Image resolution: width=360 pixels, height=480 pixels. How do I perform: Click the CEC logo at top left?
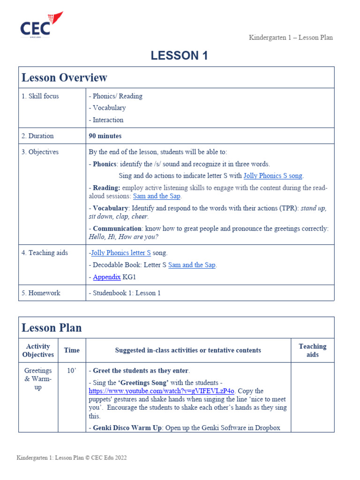click(41, 25)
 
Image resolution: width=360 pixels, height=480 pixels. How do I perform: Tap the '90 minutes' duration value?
click(105, 136)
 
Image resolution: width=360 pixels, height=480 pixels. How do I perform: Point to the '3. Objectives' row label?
click(40, 152)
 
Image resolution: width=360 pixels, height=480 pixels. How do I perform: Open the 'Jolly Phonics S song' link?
click(273, 176)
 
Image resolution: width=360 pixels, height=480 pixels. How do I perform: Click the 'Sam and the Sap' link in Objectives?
click(157, 196)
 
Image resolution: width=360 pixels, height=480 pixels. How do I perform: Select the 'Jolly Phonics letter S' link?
click(121, 253)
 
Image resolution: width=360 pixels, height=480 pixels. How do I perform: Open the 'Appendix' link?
click(106, 277)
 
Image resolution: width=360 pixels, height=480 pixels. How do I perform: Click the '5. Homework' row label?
click(41, 293)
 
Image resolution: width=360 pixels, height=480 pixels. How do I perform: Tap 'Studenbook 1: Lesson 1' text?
click(127, 293)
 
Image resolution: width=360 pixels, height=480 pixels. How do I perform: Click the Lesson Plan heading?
click(52, 328)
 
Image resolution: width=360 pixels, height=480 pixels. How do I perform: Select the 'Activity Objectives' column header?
click(38, 351)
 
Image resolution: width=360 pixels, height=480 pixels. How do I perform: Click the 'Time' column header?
click(72, 350)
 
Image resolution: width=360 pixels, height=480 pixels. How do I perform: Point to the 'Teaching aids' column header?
click(312, 351)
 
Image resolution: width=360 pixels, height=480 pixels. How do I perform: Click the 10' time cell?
click(71, 371)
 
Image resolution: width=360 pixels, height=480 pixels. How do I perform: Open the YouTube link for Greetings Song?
click(162, 391)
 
